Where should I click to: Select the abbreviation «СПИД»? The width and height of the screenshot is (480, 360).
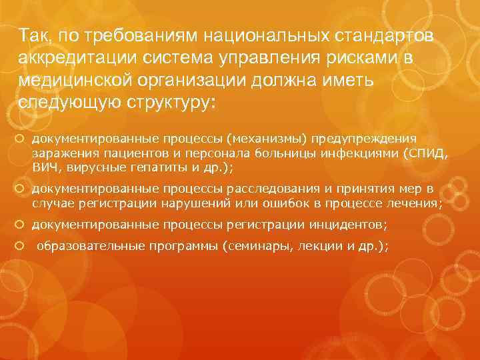(427, 153)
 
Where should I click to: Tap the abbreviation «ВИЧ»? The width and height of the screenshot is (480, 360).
(44, 167)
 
